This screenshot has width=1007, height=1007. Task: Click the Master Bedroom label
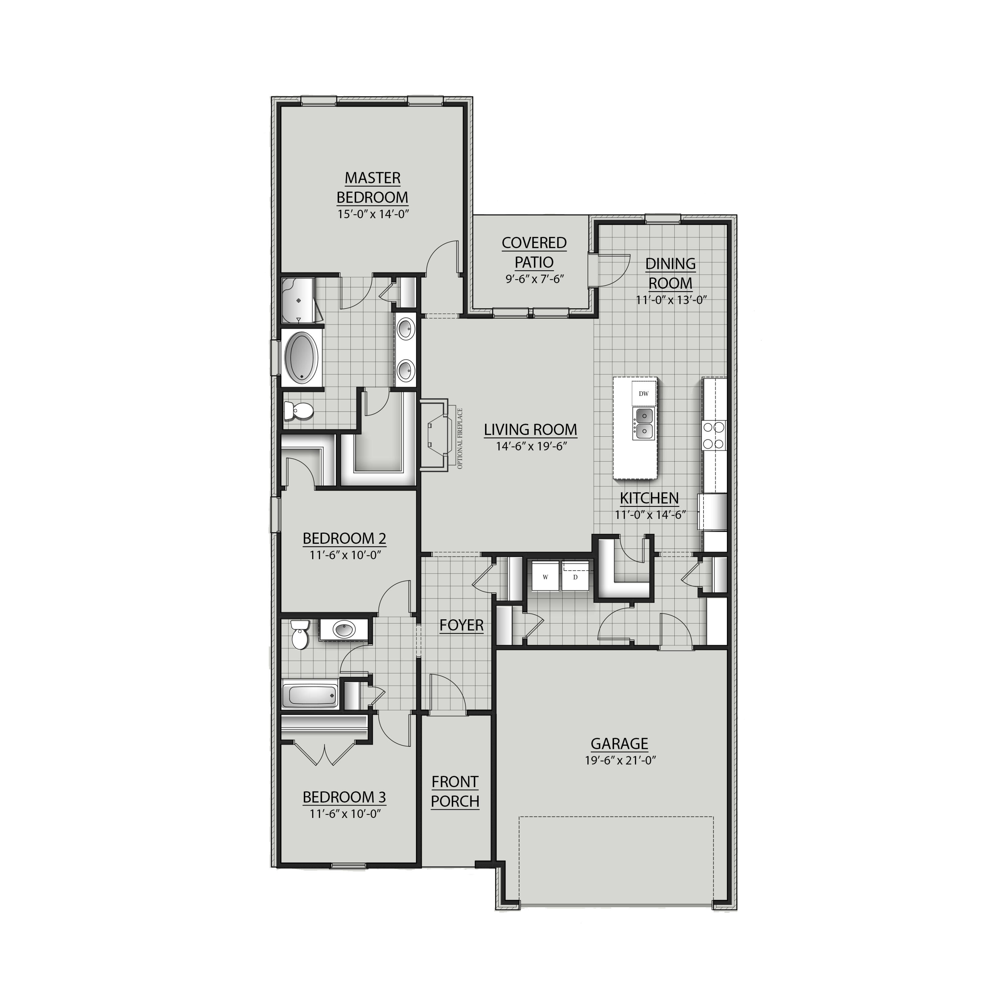click(372, 188)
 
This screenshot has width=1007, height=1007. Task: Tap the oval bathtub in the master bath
click(302, 357)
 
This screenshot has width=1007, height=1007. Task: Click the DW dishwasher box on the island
click(644, 393)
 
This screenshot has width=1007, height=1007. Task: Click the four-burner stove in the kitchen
click(714, 435)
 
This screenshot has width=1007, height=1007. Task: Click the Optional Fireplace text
click(460, 438)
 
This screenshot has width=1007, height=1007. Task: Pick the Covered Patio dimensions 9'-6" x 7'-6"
click(534, 279)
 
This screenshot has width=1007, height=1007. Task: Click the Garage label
click(619, 743)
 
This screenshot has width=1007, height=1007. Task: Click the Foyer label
click(461, 625)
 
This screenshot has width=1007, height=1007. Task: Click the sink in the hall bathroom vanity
click(343, 630)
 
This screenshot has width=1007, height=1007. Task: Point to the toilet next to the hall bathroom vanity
click(299, 634)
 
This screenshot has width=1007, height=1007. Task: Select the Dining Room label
click(670, 273)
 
